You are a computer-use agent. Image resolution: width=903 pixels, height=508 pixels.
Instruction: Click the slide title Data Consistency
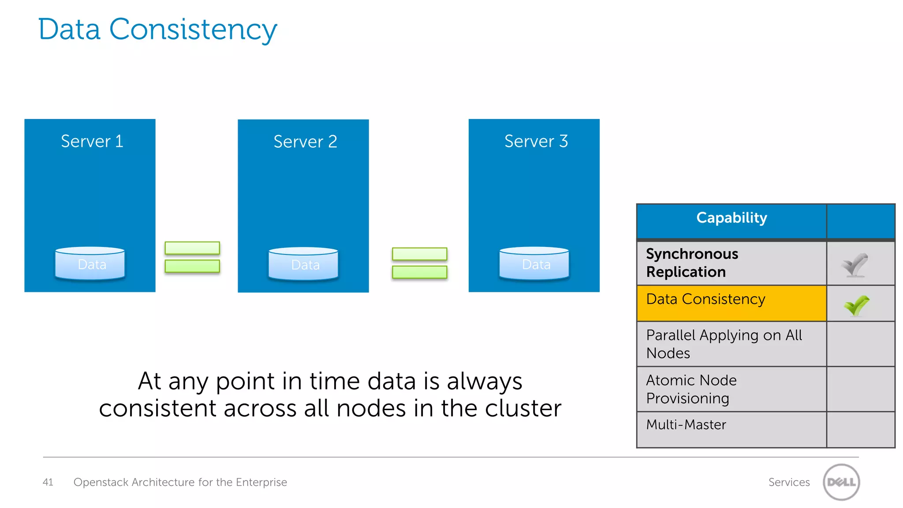(x=157, y=30)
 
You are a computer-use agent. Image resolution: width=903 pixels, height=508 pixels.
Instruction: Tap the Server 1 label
(x=92, y=142)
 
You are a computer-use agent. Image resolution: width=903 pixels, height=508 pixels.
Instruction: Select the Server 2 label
(x=305, y=142)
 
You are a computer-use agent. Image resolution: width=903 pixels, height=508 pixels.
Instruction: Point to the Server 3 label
(x=536, y=142)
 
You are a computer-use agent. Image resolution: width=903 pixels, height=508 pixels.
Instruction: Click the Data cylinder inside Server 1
(x=90, y=264)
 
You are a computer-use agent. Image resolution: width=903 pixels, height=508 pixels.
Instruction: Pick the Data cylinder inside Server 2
(x=303, y=264)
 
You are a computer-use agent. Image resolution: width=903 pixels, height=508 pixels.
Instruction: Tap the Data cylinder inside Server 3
(x=534, y=264)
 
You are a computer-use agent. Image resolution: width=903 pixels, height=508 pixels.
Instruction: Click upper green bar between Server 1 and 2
(x=192, y=248)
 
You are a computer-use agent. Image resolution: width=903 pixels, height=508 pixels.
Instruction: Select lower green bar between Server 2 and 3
(x=419, y=272)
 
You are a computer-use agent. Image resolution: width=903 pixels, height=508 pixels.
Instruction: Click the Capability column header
(x=731, y=218)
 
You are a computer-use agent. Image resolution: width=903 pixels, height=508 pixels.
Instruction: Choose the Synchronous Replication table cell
(x=731, y=263)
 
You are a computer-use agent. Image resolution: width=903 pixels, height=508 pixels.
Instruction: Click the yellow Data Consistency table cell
(x=731, y=303)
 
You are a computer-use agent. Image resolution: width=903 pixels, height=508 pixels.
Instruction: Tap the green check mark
(x=856, y=305)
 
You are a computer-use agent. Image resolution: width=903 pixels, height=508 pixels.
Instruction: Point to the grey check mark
(x=854, y=265)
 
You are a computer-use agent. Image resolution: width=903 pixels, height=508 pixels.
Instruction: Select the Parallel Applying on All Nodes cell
(x=731, y=344)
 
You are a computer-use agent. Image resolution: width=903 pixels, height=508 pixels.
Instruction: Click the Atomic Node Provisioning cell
(x=731, y=389)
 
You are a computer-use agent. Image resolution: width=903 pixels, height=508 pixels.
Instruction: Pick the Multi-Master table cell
(x=731, y=429)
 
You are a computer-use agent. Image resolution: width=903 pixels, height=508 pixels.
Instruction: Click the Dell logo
(x=841, y=482)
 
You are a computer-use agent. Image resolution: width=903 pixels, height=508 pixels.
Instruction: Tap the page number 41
(x=48, y=482)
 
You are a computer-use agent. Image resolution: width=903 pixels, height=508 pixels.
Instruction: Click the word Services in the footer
(x=789, y=482)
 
